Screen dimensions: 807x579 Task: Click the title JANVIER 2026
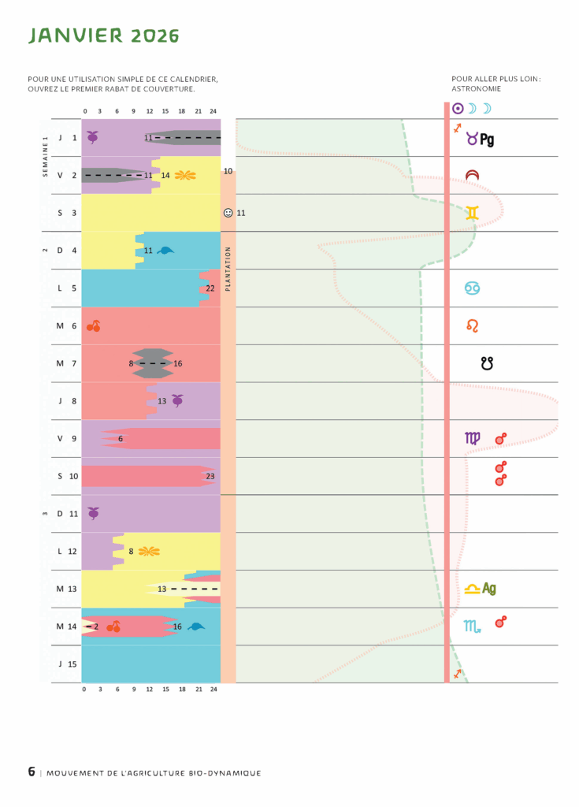point(104,35)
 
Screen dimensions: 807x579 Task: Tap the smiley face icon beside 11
point(228,213)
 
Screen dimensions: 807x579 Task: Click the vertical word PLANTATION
point(228,269)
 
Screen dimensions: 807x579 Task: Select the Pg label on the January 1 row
point(487,139)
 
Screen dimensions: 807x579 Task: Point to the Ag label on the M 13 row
point(489,588)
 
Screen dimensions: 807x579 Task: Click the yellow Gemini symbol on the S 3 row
point(472,212)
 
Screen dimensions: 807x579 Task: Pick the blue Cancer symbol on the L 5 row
point(472,288)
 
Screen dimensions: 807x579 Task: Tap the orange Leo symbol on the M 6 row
point(472,325)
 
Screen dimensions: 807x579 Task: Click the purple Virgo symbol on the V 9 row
point(472,438)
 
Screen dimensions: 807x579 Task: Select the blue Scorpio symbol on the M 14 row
point(472,627)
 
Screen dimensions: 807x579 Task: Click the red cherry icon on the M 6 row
point(93,325)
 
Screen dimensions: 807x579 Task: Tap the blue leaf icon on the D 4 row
point(165,251)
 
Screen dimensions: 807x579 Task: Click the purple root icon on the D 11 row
point(93,513)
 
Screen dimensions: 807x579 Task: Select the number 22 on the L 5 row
point(210,288)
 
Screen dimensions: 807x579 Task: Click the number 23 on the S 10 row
point(210,476)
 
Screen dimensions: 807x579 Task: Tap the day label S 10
point(68,476)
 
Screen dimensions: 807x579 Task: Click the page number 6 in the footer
point(32,772)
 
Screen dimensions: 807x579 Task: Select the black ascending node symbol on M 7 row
point(488,363)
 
